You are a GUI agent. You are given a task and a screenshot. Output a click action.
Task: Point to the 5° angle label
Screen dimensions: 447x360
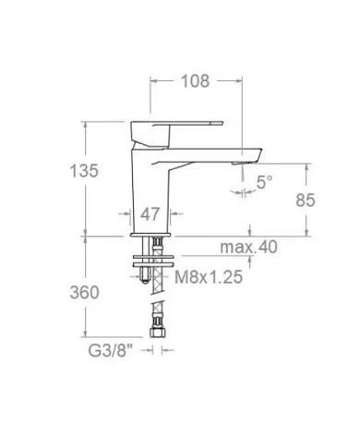click(265, 183)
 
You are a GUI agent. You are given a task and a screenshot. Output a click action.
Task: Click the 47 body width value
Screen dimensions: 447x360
click(150, 214)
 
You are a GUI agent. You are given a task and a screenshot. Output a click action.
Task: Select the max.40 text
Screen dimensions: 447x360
click(248, 247)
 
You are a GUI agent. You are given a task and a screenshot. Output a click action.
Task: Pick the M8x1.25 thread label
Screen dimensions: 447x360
click(210, 276)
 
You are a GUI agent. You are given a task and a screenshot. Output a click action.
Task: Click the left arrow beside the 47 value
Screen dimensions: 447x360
click(130, 214)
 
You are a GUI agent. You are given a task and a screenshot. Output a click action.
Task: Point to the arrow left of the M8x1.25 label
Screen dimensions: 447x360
click(166, 276)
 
